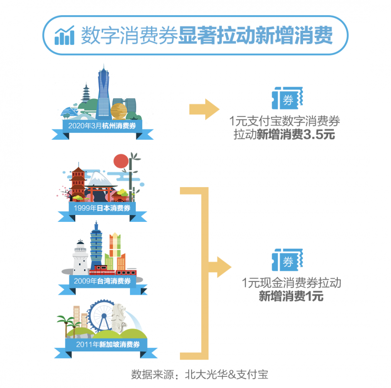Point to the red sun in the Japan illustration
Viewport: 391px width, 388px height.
(x=121, y=161)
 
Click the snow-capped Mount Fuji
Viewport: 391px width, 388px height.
(x=99, y=179)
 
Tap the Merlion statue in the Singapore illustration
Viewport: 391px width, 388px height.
(x=119, y=317)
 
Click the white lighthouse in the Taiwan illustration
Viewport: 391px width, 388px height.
(x=80, y=258)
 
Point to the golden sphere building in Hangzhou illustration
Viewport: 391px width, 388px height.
(x=119, y=111)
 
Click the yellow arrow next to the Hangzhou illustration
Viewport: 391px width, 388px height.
(x=204, y=109)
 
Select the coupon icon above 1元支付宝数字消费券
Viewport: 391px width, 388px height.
(x=287, y=98)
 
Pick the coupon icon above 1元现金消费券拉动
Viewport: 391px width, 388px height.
(x=287, y=260)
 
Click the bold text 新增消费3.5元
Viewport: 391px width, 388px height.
(x=296, y=135)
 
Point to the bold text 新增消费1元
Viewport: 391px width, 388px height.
(x=291, y=296)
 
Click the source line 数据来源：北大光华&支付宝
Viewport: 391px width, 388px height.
(x=200, y=374)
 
